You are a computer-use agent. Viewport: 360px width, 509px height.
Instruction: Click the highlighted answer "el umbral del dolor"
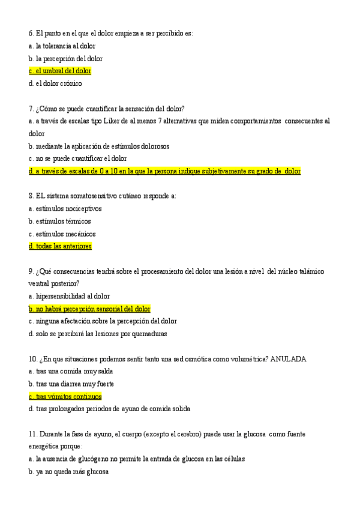tap(60, 71)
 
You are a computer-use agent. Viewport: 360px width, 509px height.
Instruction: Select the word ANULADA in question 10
tap(289, 359)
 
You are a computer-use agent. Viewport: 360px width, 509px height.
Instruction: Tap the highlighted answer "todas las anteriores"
tap(60, 246)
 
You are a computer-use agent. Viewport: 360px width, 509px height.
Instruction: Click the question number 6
tap(31, 33)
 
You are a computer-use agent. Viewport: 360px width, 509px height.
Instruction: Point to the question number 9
tap(31, 271)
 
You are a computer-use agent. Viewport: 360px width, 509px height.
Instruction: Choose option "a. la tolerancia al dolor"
tap(61, 46)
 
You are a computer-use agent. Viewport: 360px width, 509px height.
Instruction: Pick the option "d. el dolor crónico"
tap(55, 83)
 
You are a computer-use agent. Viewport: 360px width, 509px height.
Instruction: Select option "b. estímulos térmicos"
tap(59, 221)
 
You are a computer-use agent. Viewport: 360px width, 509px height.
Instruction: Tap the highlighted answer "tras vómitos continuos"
tap(65, 397)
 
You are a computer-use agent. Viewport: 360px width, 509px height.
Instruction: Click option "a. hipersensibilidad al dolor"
tap(69, 297)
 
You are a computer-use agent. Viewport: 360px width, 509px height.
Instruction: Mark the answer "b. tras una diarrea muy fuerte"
tap(71, 384)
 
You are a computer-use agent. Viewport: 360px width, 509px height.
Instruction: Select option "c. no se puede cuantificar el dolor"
tap(77, 158)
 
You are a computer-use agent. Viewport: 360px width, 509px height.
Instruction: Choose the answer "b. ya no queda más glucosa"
tap(68, 472)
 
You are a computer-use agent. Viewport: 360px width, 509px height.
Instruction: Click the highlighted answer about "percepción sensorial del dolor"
tap(89, 309)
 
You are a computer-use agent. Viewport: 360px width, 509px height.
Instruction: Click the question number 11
tap(32, 433)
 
